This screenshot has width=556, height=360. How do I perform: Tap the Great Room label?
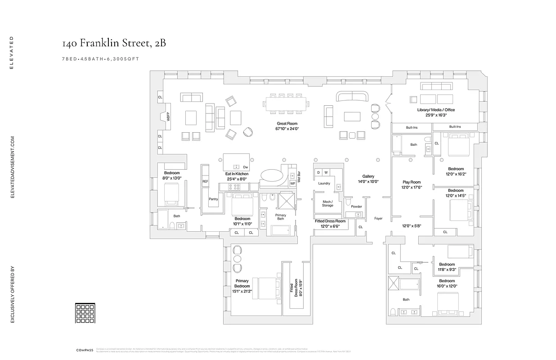(287, 123)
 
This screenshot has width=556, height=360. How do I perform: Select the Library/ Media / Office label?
(436, 110)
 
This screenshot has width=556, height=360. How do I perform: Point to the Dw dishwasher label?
(245, 167)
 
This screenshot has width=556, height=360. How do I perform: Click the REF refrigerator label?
(205, 182)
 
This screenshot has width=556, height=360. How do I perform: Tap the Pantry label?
(213, 199)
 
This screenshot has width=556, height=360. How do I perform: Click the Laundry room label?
(324, 183)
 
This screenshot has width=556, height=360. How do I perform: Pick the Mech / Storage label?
(327, 203)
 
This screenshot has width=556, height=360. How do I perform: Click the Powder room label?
(356, 207)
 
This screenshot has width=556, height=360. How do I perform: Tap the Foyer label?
(378, 219)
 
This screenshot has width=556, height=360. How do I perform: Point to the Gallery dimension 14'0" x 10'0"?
(368, 181)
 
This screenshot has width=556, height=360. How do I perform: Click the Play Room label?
(411, 182)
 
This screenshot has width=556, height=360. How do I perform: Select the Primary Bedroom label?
(242, 283)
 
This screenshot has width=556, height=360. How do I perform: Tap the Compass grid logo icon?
(85, 313)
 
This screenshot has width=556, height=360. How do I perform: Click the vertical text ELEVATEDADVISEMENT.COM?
(13, 166)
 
